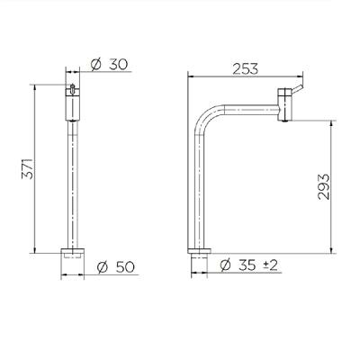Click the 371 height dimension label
point(27,168)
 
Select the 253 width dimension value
point(246,69)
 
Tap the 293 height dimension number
point(324,186)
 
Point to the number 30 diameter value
point(118,64)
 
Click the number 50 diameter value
point(124,267)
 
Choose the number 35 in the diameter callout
point(247,265)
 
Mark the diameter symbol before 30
point(96,64)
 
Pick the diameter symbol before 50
point(103,267)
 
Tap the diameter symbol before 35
point(226,265)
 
